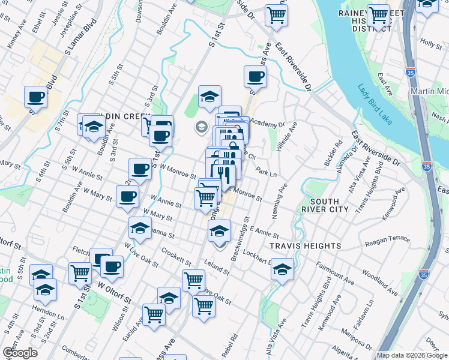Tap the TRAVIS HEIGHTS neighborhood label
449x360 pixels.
coord(305,246)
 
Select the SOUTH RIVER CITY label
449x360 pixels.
coord(327,205)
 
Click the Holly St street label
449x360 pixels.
coord(431,43)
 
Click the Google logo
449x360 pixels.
coord(20,353)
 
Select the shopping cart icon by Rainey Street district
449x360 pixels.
coord(378,16)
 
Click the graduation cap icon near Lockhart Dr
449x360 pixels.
coord(283,270)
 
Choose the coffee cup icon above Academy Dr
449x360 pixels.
coord(255,77)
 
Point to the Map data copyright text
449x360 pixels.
coord(412,355)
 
